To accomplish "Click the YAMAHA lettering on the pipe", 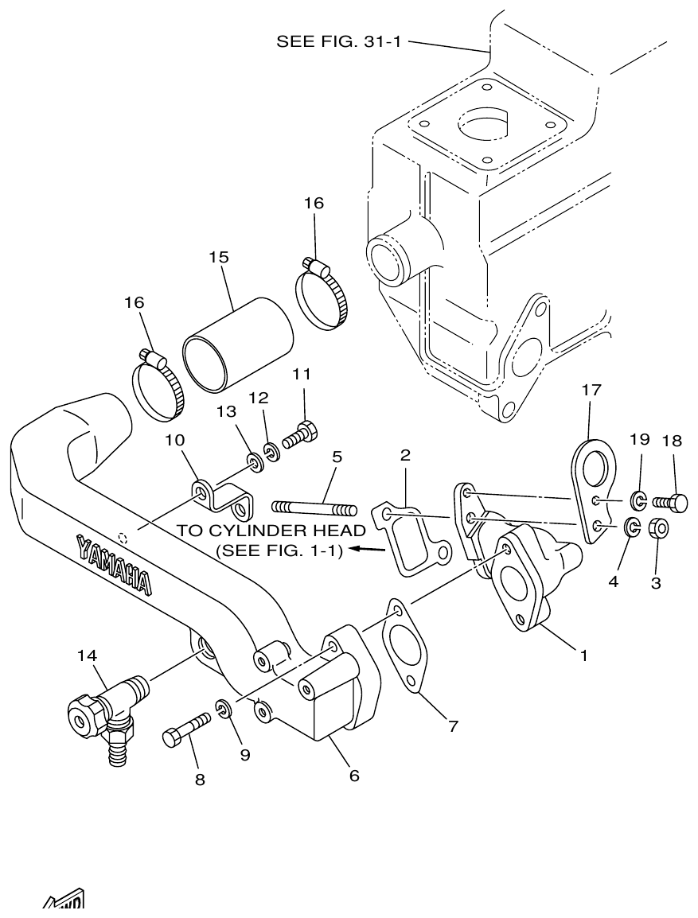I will [114, 564].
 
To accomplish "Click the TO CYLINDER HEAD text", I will [271, 531].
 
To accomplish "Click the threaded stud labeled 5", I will [315, 507].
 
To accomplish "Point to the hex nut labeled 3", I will [659, 528].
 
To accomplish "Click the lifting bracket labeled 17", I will [592, 490].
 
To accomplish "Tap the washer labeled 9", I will [224, 706].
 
